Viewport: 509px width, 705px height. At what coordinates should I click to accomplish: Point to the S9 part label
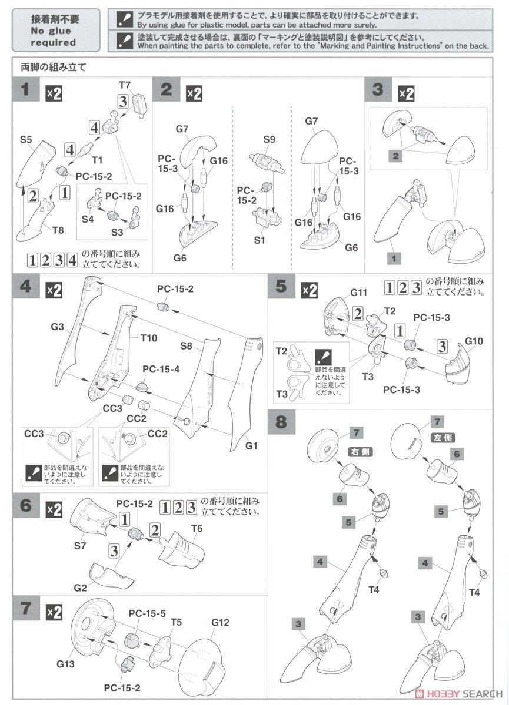(269, 140)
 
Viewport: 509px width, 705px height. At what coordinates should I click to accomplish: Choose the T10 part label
(149, 338)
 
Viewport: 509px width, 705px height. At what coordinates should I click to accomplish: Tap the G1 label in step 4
(252, 446)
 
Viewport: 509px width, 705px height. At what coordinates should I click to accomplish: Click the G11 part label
(358, 292)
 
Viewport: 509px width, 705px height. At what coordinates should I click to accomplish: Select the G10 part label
(474, 341)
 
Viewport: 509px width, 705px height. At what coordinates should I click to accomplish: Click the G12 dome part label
(218, 623)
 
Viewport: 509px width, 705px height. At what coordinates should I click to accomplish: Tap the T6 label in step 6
(197, 529)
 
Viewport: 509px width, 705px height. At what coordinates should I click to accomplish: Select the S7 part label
(80, 546)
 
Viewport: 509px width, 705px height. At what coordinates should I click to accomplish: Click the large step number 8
(283, 422)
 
